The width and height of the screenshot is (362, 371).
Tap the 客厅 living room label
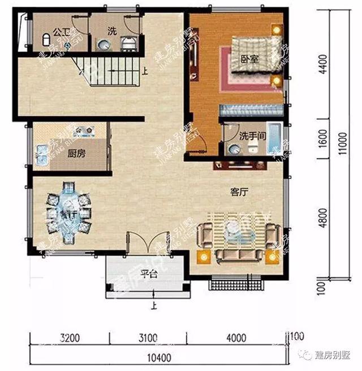[x=240, y=192]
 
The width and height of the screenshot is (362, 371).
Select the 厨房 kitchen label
[x=77, y=154]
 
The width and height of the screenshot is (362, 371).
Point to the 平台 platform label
[x=148, y=275]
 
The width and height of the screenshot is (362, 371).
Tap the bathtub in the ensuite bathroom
[x=275, y=137]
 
